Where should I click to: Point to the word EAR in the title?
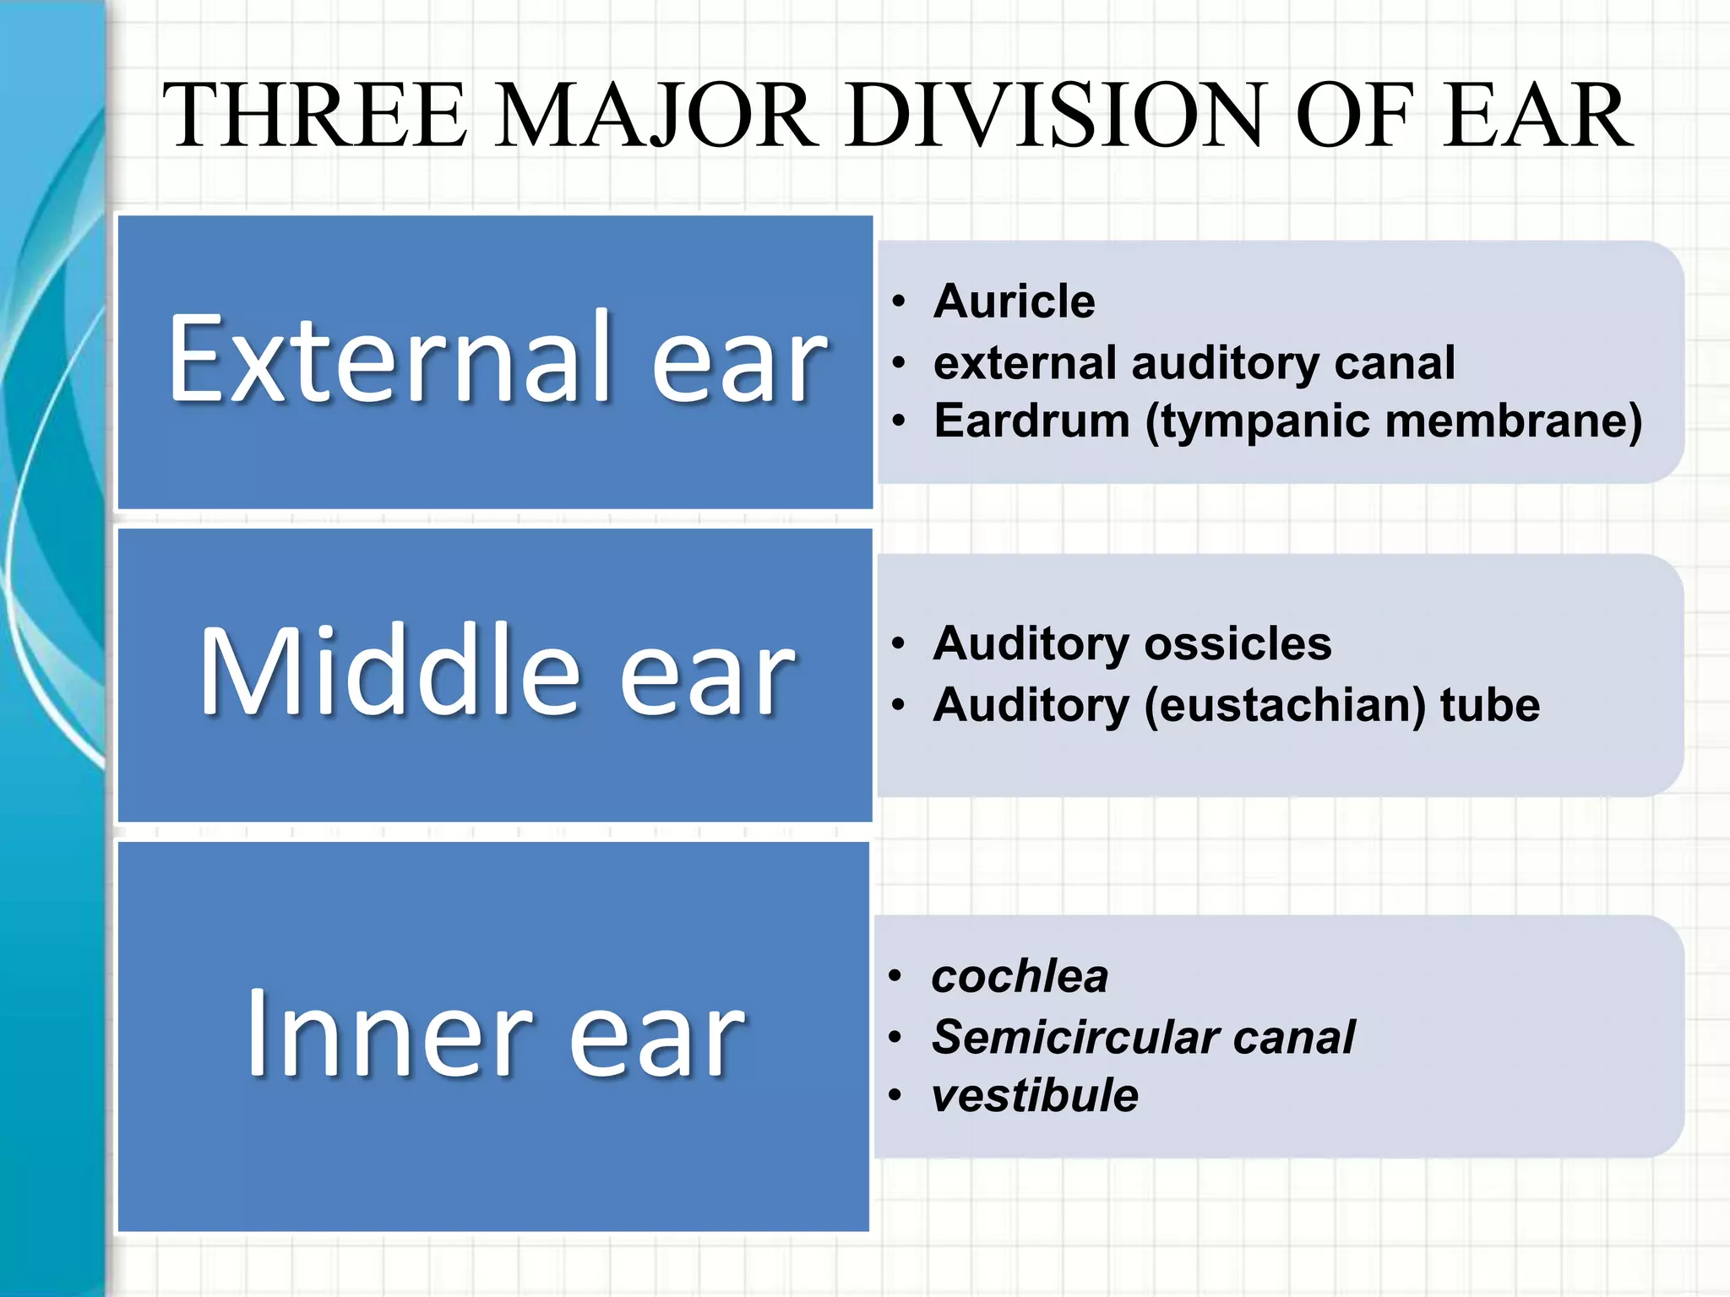[x=1537, y=116]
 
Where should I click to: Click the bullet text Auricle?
[x=1015, y=301]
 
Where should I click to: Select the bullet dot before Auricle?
[x=899, y=302]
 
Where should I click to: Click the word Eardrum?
[x=1032, y=421]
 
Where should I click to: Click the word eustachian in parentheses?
[x=1283, y=705]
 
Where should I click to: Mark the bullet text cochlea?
[x=1020, y=977]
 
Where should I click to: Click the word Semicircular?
[x=1074, y=1037]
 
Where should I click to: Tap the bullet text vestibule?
[x=1035, y=1096]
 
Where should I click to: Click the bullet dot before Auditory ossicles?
[x=899, y=644]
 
